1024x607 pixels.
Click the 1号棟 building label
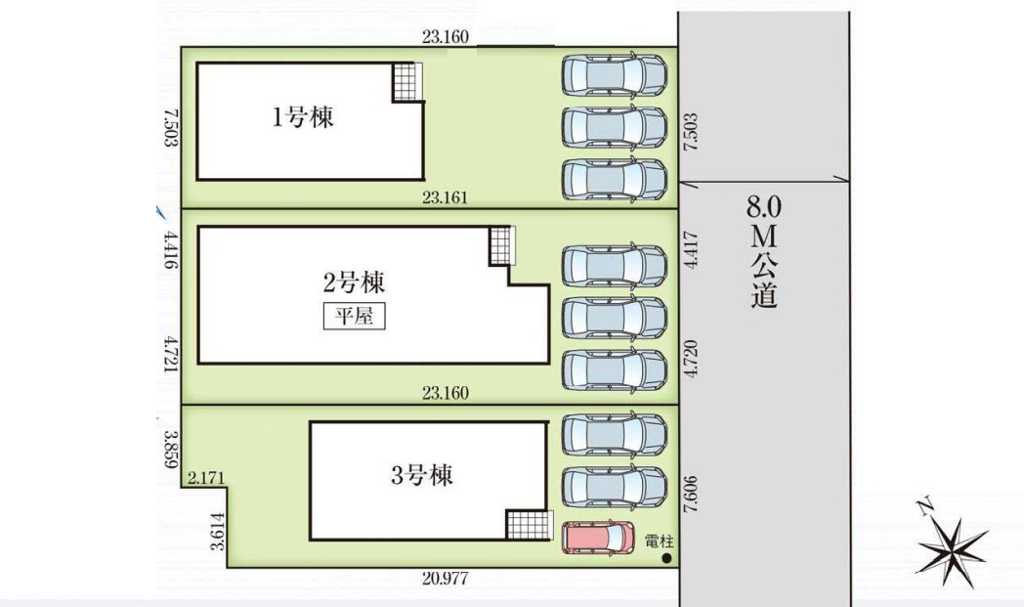pyautogui.click(x=303, y=118)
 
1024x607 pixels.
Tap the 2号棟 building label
pyautogui.click(x=354, y=283)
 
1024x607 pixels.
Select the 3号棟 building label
pyautogui.click(x=422, y=476)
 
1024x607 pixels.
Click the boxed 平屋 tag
pyautogui.click(x=354, y=317)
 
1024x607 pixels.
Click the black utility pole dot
pyautogui.click(x=666, y=559)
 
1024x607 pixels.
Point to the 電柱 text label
pyautogui.click(x=661, y=542)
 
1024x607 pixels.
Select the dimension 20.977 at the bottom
pyautogui.click(x=446, y=578)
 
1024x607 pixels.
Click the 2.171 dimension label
pyautogui.click(x=206, y=478)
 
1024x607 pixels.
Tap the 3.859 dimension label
pyautogui.click(x=170, y=450)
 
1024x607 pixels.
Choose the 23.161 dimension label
pyautogui.click(x=446, y=196)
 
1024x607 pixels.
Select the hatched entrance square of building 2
pyautogui.click(x=501, y=245)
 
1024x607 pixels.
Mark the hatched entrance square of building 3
pyautogui.click(x=523, y=525)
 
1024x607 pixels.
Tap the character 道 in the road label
pyautogui.click(x=764, y=294)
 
